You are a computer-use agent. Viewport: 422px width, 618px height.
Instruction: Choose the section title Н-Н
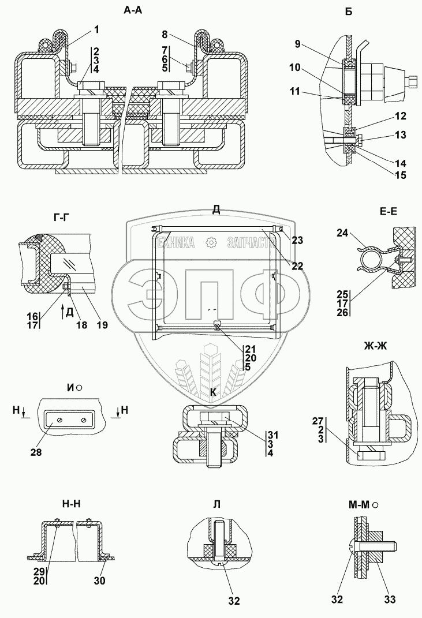70,503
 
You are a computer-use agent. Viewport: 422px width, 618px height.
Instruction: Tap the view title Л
216,503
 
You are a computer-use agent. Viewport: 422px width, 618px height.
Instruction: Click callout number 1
96,29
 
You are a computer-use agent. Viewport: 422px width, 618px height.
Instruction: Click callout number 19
102,325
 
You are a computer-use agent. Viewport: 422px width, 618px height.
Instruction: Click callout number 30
99,582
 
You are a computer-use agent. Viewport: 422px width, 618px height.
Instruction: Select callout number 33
390,599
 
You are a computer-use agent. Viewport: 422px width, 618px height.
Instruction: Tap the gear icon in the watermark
214,242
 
